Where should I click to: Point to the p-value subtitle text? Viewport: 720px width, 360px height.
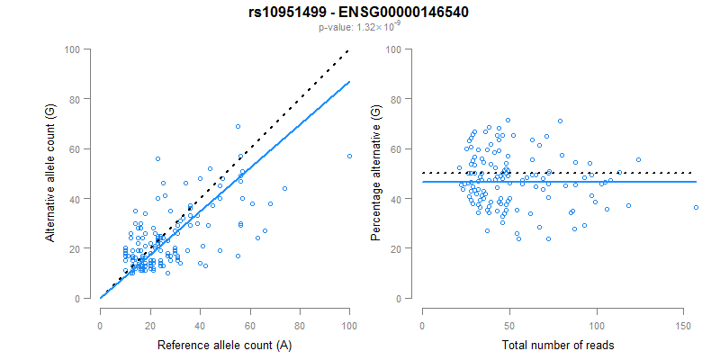[359, 28]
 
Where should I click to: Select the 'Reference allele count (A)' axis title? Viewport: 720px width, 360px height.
[224, 345]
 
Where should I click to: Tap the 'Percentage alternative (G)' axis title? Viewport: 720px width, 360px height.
[375, 173]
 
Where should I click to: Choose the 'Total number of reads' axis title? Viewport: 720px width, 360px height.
[552, 345]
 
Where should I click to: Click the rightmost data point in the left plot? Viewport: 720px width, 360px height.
[349, 156]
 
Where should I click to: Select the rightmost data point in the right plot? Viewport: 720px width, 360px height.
[697, 208]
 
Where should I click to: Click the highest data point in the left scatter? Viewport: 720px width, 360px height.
[238, 126]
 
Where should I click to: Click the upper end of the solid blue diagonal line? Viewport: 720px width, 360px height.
[349, 82]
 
